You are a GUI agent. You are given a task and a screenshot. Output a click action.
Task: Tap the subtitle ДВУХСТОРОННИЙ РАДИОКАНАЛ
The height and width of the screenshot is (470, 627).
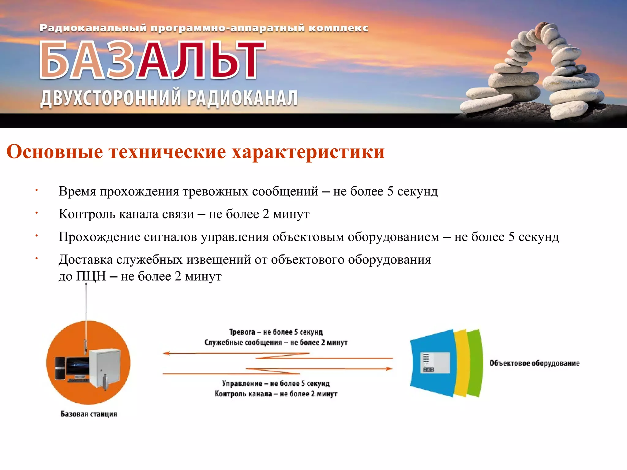169,99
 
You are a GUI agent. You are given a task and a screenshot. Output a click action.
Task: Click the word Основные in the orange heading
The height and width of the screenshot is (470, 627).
54,151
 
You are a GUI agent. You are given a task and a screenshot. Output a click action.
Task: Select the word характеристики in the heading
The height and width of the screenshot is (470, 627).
308,152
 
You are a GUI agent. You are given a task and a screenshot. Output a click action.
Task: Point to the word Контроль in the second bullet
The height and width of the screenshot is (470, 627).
87,214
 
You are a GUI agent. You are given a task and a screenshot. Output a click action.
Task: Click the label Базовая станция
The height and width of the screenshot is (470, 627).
89,414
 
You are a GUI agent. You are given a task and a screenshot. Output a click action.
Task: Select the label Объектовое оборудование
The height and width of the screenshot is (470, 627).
534,363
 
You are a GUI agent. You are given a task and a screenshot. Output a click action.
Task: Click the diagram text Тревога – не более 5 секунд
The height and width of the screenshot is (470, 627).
276,332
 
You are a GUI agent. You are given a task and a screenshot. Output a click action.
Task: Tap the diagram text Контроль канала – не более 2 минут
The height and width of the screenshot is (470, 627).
276,394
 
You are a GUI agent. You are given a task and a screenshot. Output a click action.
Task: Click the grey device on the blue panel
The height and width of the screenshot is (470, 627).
435,363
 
